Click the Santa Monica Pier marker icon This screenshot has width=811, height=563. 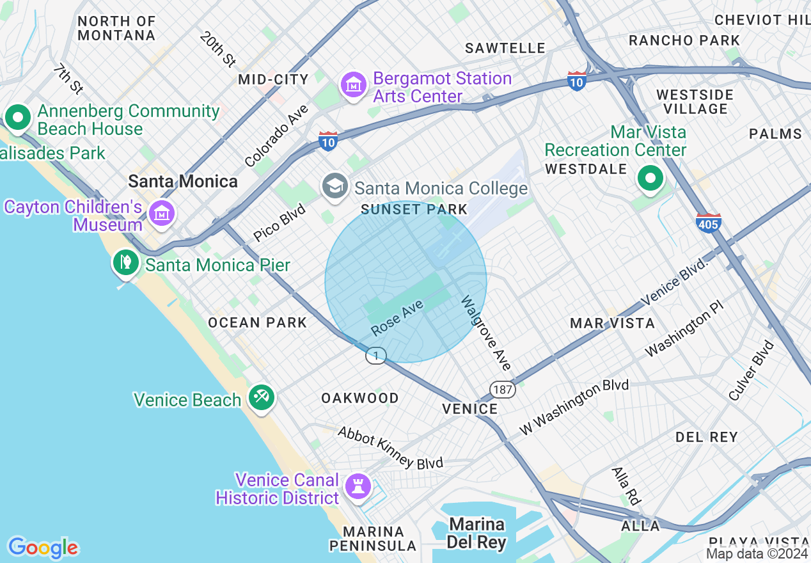click(x=126, y=262)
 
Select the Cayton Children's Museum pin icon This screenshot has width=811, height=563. click(x=161, y=213)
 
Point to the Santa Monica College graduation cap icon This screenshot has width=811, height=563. click(x=335, y=187)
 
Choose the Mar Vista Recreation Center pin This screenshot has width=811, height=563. click(x=650, y=178)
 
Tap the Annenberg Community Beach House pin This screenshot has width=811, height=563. click(x=19, y=118)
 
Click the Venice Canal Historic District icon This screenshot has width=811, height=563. click(x=358, y=486)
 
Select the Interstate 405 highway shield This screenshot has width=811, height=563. click(x=709, y=222)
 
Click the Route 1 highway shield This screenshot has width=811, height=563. click(x=376, y=355)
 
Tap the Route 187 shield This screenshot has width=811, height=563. click(x=503, y=389)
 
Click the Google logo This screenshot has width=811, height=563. click(x=43, y=548)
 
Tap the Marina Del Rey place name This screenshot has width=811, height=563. click(x=476, y=534)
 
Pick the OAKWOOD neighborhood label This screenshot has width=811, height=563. click(x=360, y=398)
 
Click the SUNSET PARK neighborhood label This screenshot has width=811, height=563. click(x=414, y=209)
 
